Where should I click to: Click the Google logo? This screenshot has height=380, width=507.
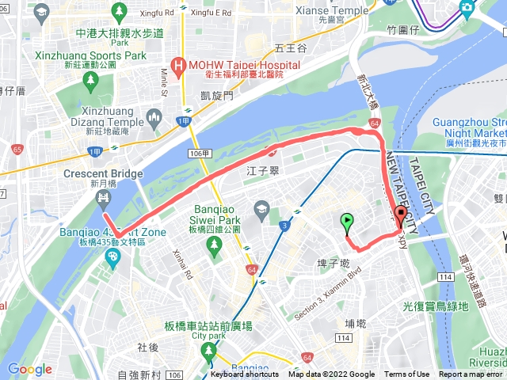click(29, 369)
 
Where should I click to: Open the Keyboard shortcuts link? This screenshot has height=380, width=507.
click(246, 374)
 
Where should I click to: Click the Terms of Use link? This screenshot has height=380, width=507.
click(406, 374)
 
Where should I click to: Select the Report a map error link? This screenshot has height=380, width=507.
click(471, 374)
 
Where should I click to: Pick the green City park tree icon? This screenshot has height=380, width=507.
click(208, 350)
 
